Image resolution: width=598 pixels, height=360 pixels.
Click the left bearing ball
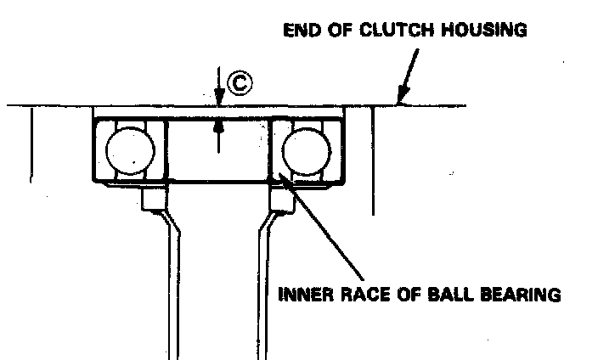point(131,151)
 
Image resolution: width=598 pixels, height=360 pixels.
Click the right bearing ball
point(307,151)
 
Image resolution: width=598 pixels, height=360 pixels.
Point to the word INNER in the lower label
point(305,295)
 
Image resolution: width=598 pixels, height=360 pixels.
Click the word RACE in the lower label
point(362,295)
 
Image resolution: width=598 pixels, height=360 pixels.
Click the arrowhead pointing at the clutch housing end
point(401,100)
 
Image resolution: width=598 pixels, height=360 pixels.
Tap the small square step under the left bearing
point(154,200)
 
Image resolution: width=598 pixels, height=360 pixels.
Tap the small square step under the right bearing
point(280,200)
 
